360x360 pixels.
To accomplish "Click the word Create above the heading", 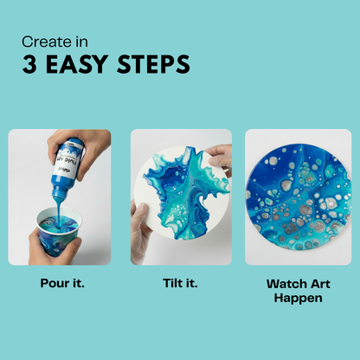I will (44, 40).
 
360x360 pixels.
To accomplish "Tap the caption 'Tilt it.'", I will (180, 282).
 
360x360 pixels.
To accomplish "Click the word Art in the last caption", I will (318, 282).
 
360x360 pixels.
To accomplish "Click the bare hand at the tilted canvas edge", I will (222, 157).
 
